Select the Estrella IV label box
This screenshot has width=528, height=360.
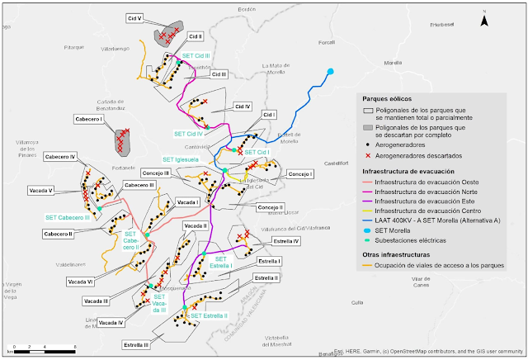point(285,241)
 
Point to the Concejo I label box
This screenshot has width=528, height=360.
point(301,174)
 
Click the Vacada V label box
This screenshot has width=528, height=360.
point(40,190)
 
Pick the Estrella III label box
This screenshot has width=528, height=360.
point(135,344)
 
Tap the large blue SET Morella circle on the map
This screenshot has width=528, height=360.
point(330,71)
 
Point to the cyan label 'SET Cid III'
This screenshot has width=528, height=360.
point(195,56)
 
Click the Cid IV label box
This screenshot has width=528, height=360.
point(242,107)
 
